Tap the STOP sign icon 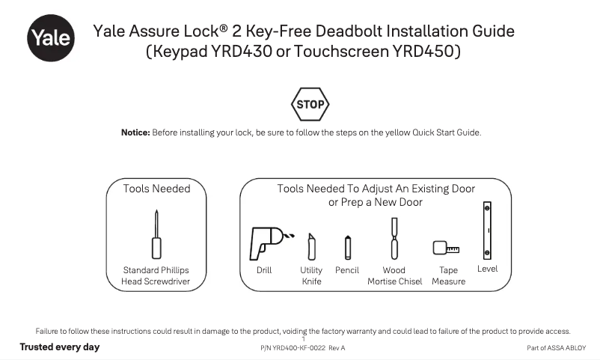tap(310, 105)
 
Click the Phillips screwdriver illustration tap(156, 235)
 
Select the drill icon tap(267, 241)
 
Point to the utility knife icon tap(311, 246)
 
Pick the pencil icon tap(347, 246)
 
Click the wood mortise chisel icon tap(394, 238)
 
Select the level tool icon tap(487, 229)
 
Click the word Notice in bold tap(135, 132)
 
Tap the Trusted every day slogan tap(59, 347)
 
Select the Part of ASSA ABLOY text tap(557, 348)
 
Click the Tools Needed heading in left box tap(156, 189)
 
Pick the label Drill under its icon tap(264, 270)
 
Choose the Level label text tap(487, 269)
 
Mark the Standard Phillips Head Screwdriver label tap(156, 275)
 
